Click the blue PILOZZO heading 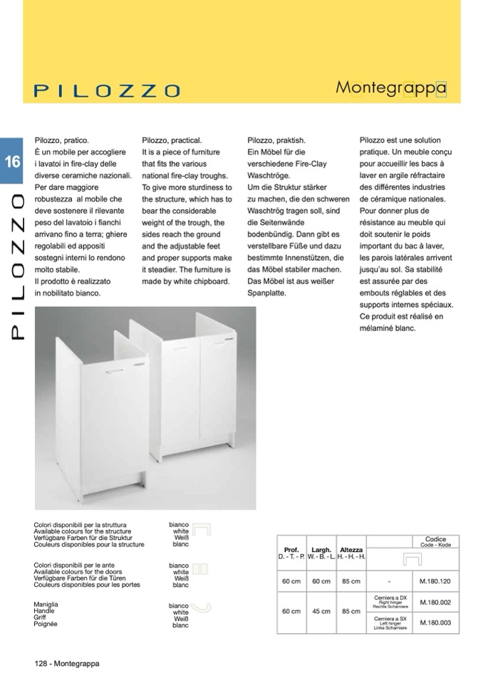tap(107, 90)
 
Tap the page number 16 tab tap(12, 161)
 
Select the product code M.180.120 tap(435, 581)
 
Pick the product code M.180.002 tap(435, 602)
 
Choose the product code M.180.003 tap(435, 622)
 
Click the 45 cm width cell tap(321, 611)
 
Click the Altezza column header tap(351, 550)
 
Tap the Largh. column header tap(321, 550)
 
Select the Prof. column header tap(291, 550)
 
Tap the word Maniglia tap(46, 604)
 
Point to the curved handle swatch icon tap(202, 607)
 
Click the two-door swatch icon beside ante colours tap(199, 569)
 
